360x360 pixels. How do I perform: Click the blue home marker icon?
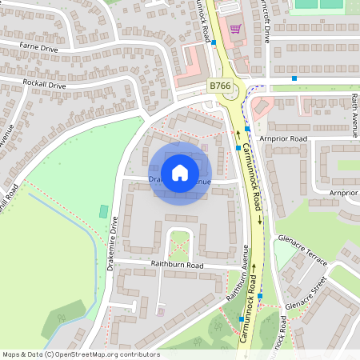pyautogui.click(x=180, y=173)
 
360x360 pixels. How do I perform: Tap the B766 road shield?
pyautogui.click(x=220, y=84)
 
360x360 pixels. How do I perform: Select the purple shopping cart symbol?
pyautogui.click(x=235, y=29)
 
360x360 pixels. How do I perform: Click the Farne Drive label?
pyautogui.click(x=50, y=48)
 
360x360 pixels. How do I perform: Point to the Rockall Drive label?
pyautogui.click(x=45, y=84)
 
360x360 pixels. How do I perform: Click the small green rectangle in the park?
pyautogui.click(x=102, y=211)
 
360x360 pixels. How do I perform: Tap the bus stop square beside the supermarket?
pyautogui.click(x=214, y=42)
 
